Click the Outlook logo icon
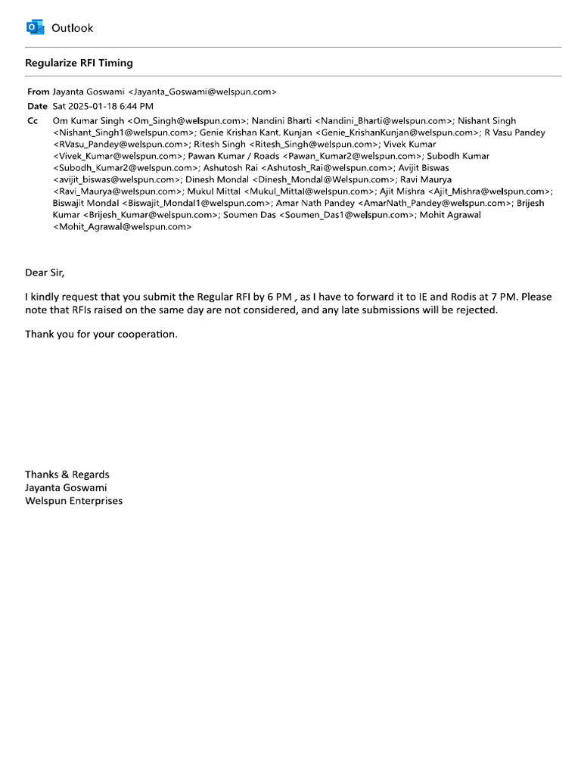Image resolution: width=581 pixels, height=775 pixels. click(x=35, y=28)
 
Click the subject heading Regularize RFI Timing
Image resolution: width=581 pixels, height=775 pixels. click(x=79, y=63)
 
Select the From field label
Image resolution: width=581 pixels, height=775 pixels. click(x=38, y=92)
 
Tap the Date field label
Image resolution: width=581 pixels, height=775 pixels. click(x=37, y=106)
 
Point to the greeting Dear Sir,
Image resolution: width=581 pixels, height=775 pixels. click(x=51, y=272)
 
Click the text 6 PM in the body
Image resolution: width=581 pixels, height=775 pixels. click(x=279, y=297)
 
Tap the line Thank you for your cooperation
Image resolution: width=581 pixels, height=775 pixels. click(x=101, y=334)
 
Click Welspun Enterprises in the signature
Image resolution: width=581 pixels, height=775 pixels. click(x=73, y=500)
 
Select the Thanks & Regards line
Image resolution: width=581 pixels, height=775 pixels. click(x=67, y=475)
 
